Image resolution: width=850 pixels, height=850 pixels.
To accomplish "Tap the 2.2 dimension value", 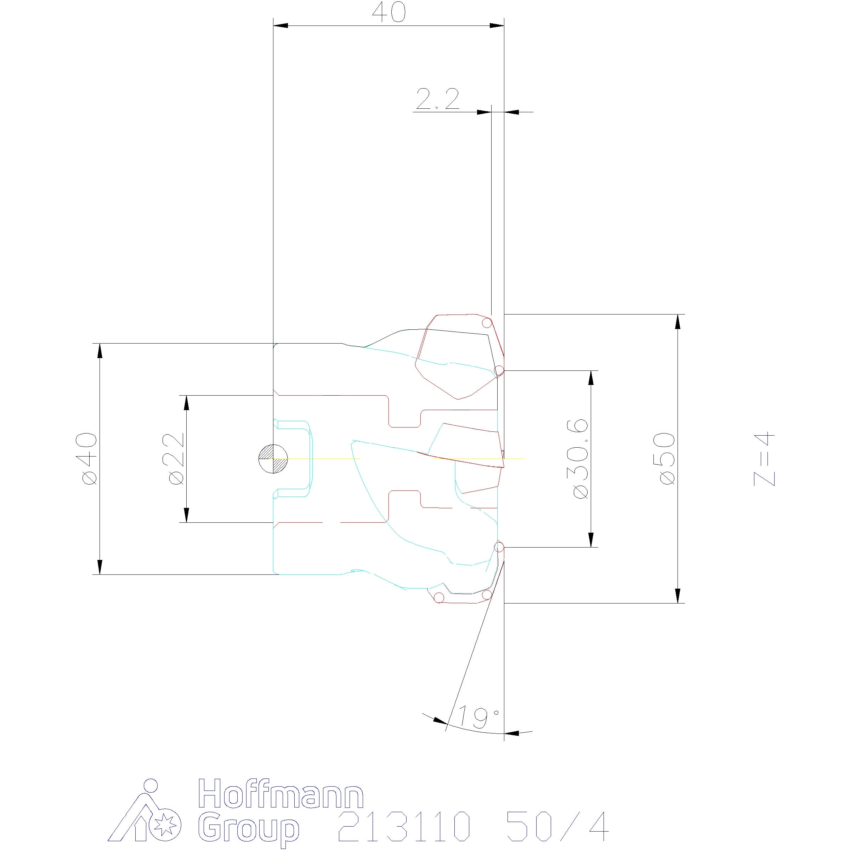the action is (x=437, y=100).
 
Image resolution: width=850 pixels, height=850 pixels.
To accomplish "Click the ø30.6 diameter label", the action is (x=581, y=459).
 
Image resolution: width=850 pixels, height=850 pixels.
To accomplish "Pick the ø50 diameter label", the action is (x=667, y=459).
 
